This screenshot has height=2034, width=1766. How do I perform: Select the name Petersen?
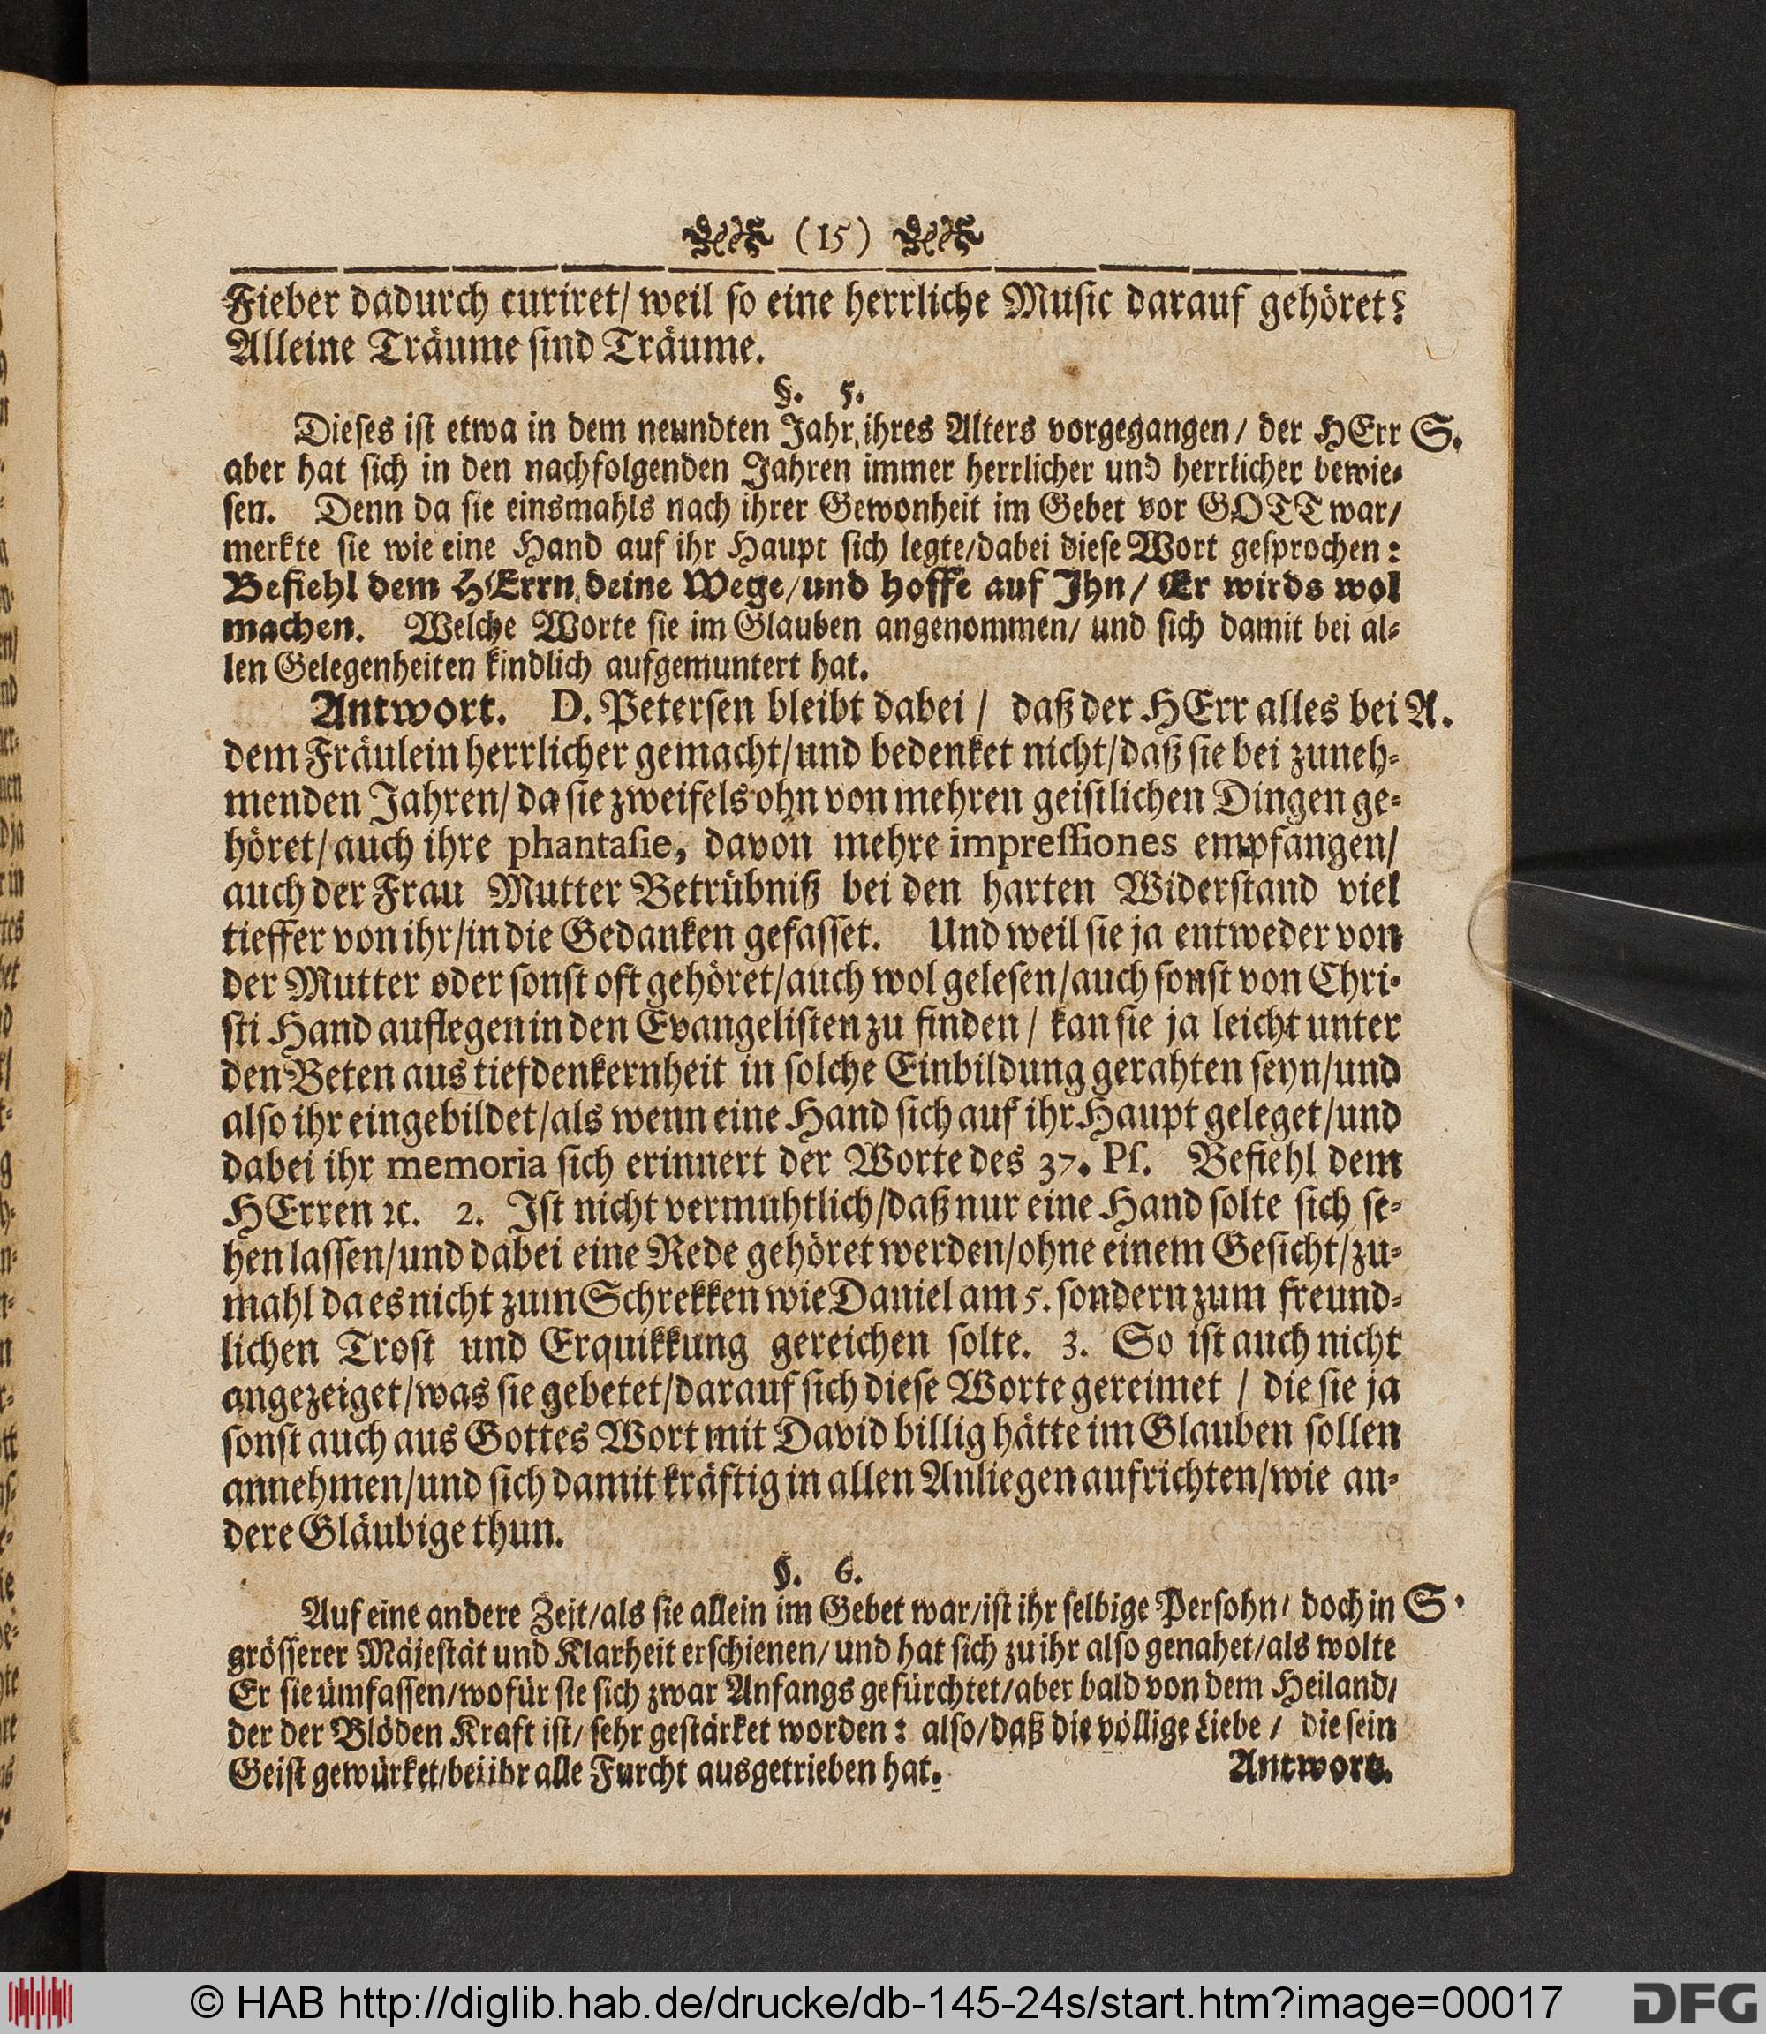click(680, 711)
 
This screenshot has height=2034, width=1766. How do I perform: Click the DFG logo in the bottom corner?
click(1695, 2002)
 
